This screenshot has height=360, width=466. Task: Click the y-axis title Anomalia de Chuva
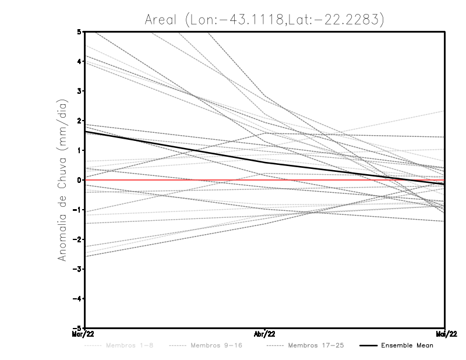pyautogui.click(x=63, y=179)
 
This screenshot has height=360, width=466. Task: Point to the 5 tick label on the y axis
pyautogui.click(x=79, y=31)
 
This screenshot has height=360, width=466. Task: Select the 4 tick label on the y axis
pyautogui.click(x=79, y=61)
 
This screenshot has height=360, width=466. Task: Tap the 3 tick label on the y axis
pyautogui.click(x=79, y=91)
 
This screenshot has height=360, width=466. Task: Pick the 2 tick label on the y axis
pyautogui.click(x=79, y=121)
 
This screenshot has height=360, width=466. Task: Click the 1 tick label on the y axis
pyautogui.click(x=79, y=150)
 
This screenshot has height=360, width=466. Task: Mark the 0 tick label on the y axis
pyautogui.click(x=79, y=180)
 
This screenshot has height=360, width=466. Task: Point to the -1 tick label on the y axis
pyautogui.click(x=77, y=210)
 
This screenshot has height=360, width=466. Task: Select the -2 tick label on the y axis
pyautogui.click(x=77, y=239)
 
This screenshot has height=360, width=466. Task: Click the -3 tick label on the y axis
pyautogui.click(x=77, y=269)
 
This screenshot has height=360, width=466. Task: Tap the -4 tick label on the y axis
pyautogui.click(x=77, y=299)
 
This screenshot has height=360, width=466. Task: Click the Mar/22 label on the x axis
pyautogui.click(x=84, y=334)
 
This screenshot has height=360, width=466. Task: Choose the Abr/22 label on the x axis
pyautogui.click(x=265, y=334)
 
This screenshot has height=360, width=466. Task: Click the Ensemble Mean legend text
pyautogui.click(x=407, y=346)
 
